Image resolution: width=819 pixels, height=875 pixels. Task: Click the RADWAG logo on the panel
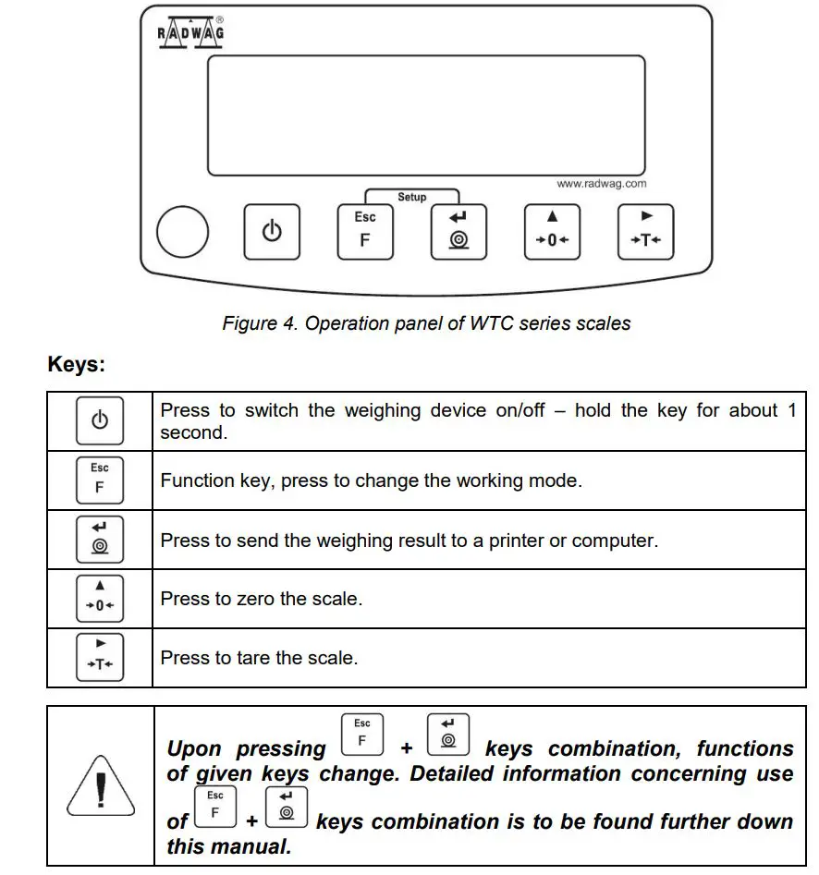click(x=189, y=32)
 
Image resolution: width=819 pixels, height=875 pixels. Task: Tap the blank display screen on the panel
click(x=425, y=115)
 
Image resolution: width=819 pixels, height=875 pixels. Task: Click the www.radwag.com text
click(x=601, y=184)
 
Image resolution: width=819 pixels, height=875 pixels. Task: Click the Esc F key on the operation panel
click(x=365, y=231)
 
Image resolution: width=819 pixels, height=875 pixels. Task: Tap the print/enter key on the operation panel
click(x=458, y=231)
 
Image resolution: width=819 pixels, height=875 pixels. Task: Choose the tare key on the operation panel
click(x=645, y=231)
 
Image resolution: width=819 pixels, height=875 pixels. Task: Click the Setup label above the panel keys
click(x=412, y=197)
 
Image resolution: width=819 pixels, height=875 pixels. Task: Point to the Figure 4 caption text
click(x=426, y=323)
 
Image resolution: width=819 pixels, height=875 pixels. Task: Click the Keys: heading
click(x=77, y=365)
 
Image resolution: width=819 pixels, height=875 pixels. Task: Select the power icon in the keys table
click(x=100, y=421)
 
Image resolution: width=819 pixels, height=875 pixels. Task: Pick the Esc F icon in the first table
click(x=100, y=480)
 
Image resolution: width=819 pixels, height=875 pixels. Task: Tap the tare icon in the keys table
click(x=100, y=657)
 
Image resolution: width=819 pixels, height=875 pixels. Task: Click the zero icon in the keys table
click(x=100, y=598)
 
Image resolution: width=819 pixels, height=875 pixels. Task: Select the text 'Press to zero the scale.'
click(x=261, y=599)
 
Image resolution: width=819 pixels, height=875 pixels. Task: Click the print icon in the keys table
click(x=100, y=539)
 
